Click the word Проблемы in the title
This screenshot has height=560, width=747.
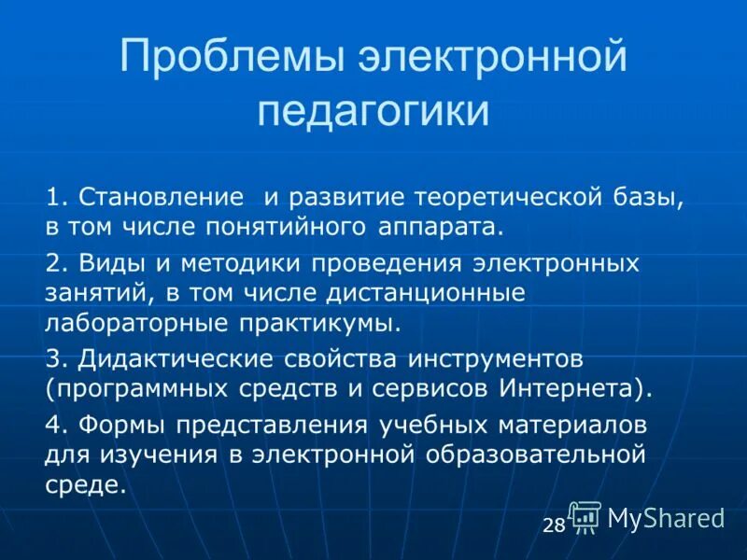pos(233,61)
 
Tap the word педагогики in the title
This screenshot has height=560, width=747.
pos(373,110)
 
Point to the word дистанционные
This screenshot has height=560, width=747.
pos(408,293)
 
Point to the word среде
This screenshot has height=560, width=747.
pos(84,485)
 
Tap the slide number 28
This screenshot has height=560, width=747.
pos(554,525)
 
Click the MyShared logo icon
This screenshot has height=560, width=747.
pos(585,517)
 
